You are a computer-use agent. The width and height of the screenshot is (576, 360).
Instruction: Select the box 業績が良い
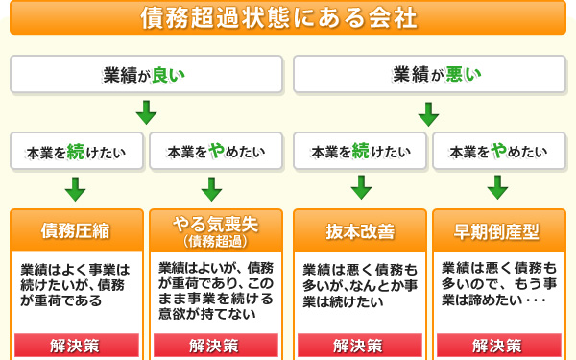tap(146, 74)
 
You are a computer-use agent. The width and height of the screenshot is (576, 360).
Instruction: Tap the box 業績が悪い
tap(428, 74)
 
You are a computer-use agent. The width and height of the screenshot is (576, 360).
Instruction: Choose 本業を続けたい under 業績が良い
tap(77, 151)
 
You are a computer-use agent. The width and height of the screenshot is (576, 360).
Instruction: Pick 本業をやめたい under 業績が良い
tap(216, 151)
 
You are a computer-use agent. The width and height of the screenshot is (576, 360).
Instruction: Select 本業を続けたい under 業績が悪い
tap(359, 151)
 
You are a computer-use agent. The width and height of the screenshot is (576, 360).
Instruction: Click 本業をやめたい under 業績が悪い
tap(498, 151)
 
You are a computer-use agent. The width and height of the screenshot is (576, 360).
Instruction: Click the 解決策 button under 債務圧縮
tap(77, 345)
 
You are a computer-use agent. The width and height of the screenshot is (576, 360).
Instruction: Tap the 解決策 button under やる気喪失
tap(216, 345)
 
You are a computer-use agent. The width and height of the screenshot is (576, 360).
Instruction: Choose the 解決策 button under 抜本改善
tap(359, 345)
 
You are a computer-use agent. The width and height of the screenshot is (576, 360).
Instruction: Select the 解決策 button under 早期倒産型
tap(498, 345)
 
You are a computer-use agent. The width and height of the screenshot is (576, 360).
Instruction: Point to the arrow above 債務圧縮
tap(77, 187)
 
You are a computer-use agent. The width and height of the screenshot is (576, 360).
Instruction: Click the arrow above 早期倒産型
tap(498, 187)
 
